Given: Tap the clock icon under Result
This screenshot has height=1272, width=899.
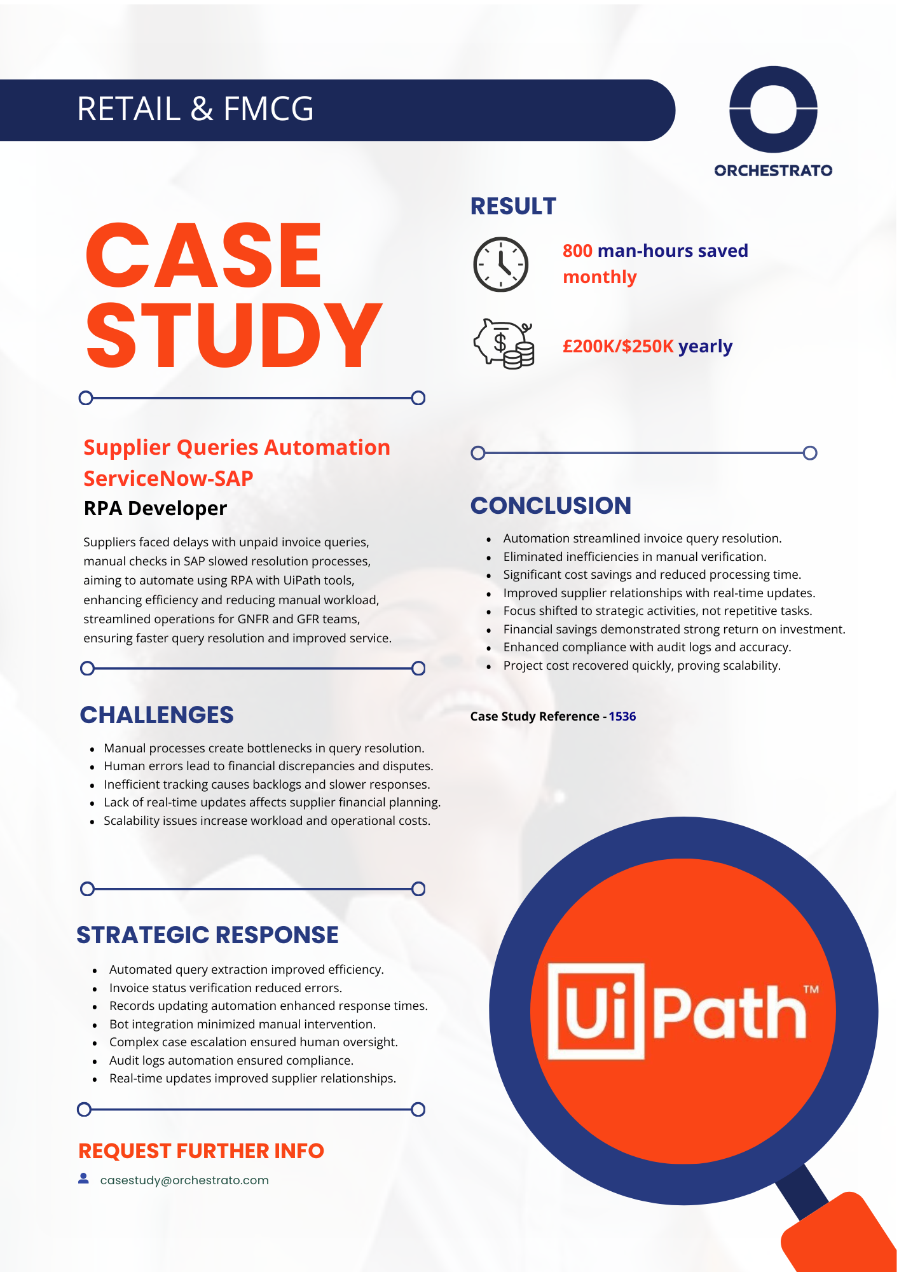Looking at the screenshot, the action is click(x=500, y=265).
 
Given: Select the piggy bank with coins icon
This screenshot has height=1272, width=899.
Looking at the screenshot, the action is click(x=504, y=343).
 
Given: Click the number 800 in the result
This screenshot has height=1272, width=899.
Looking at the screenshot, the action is click(x=577, y=251).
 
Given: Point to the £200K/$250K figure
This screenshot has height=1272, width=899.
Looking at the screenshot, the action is click(x=618, y=346).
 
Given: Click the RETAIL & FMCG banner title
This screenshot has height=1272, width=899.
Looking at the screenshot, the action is click(x=195, y=109).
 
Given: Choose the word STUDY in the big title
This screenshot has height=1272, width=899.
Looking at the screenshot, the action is click(x=234, y=335).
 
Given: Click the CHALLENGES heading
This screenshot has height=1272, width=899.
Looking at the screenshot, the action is click(x=156, y=715).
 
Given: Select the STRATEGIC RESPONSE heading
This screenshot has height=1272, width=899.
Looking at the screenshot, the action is click(x=207, y=935).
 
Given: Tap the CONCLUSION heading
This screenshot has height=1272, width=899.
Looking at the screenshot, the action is click(x=551, y=506).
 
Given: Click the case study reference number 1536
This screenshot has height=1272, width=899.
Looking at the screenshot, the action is click(x=622, y=716).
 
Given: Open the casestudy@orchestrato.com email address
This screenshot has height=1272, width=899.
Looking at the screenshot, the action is click(x=184, y=1180).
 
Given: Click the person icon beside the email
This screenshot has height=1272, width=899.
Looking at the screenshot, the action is click(x=83, y=1179).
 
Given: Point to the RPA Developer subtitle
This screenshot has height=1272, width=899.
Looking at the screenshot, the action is click(x=155, y=508).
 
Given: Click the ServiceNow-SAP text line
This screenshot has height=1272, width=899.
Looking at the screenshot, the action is click(x=168, y=478).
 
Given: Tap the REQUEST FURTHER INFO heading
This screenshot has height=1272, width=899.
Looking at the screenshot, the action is click(x=201, y=1151).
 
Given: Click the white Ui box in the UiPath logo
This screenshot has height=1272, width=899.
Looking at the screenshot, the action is click(x=596, y=1011).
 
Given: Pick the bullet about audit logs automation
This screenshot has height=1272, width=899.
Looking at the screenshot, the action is click(x=231, y=1060).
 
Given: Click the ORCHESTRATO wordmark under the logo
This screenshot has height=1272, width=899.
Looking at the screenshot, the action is click(x=773, y=170).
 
